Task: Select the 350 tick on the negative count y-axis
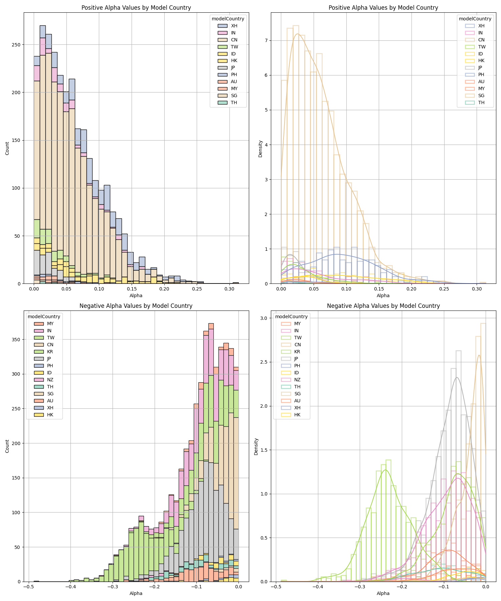point(16,340)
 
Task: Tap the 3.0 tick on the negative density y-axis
point(264,318)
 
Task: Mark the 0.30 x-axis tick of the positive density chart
point(477,289)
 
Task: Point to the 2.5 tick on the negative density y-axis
point(264,362)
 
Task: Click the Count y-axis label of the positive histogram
point(7,148)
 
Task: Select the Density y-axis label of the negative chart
point(256,446)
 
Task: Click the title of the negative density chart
point(383,306)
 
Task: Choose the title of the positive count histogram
point(136,8)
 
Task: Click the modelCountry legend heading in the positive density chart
point(475,19)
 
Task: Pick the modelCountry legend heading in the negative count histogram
point(44,317)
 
